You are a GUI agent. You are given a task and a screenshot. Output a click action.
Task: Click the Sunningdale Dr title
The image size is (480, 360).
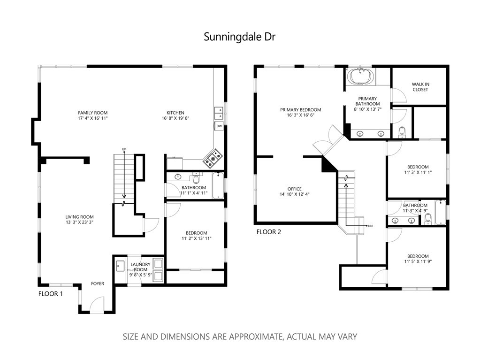[240, 37]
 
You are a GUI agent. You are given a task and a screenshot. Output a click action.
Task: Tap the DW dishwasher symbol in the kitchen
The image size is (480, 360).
[219, 126]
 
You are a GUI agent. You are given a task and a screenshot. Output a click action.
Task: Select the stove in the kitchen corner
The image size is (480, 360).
[213, 158]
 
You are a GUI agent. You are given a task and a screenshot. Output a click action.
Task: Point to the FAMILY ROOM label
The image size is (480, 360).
[93, 113]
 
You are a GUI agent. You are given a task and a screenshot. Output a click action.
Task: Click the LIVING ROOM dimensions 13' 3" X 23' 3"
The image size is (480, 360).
[79, 222]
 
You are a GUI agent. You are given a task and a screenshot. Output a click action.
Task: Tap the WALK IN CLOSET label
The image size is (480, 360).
[420, 87]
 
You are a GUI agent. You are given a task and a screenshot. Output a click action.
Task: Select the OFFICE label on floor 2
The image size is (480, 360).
[295, 189]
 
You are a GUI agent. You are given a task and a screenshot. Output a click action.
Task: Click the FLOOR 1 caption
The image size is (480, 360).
[51, 294]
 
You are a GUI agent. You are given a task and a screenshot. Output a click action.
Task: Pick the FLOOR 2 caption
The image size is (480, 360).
[268, 232]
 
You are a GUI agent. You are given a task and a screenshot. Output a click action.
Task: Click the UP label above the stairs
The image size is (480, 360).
[124, 149]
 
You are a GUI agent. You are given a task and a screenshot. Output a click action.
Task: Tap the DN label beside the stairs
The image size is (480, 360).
[370, 226]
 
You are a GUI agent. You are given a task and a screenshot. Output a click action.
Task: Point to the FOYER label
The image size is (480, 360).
[98, 283]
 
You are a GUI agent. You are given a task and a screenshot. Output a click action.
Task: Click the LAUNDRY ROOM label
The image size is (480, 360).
[140, 267]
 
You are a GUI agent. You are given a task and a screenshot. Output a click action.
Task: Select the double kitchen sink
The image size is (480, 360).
[219, 113]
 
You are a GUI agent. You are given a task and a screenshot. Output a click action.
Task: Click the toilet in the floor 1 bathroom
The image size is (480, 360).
[196, 178]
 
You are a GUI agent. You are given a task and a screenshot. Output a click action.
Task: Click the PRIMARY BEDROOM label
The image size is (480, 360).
[301, 109]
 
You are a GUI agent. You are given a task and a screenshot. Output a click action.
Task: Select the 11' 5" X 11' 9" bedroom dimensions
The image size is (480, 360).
[418, 261]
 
